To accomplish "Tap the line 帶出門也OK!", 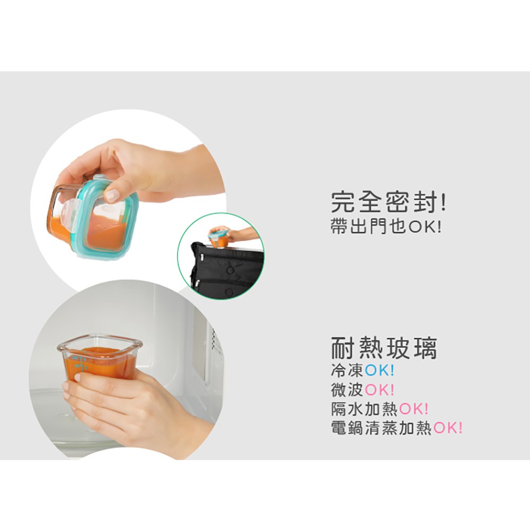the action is click(386, 226).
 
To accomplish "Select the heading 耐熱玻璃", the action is click(384, 348).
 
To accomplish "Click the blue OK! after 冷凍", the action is click(379, 370).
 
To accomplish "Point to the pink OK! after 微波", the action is click(379, 390).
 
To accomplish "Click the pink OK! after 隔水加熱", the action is click(414, 409).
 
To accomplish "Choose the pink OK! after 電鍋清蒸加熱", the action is click(447, 428).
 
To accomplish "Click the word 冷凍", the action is click(347, 370).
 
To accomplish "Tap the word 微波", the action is click(347, 390).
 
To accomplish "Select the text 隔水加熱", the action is click(365, 409).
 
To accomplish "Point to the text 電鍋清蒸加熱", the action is click(381, 428).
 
